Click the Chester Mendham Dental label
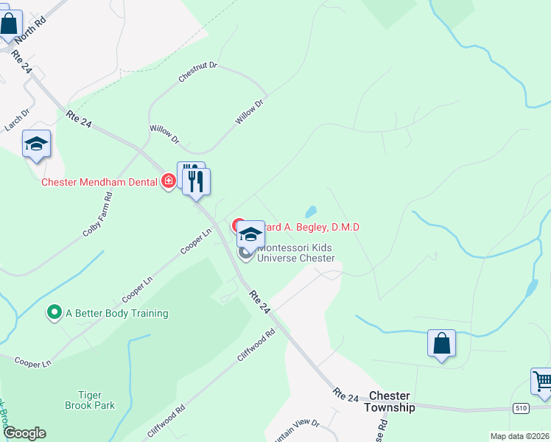tap(99, 181)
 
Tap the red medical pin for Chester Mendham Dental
tap(169, 180)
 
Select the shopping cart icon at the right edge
tap(542, 382)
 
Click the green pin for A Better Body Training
tap(54, 313)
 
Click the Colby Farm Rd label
tap(97, 214)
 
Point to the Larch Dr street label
tap(16, 120)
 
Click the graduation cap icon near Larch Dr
tap(36, 144)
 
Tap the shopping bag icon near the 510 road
tap(441, 343)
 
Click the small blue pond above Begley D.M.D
tap(311, 211)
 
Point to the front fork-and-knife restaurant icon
tap(196, 182)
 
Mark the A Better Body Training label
tap(117, 313)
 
